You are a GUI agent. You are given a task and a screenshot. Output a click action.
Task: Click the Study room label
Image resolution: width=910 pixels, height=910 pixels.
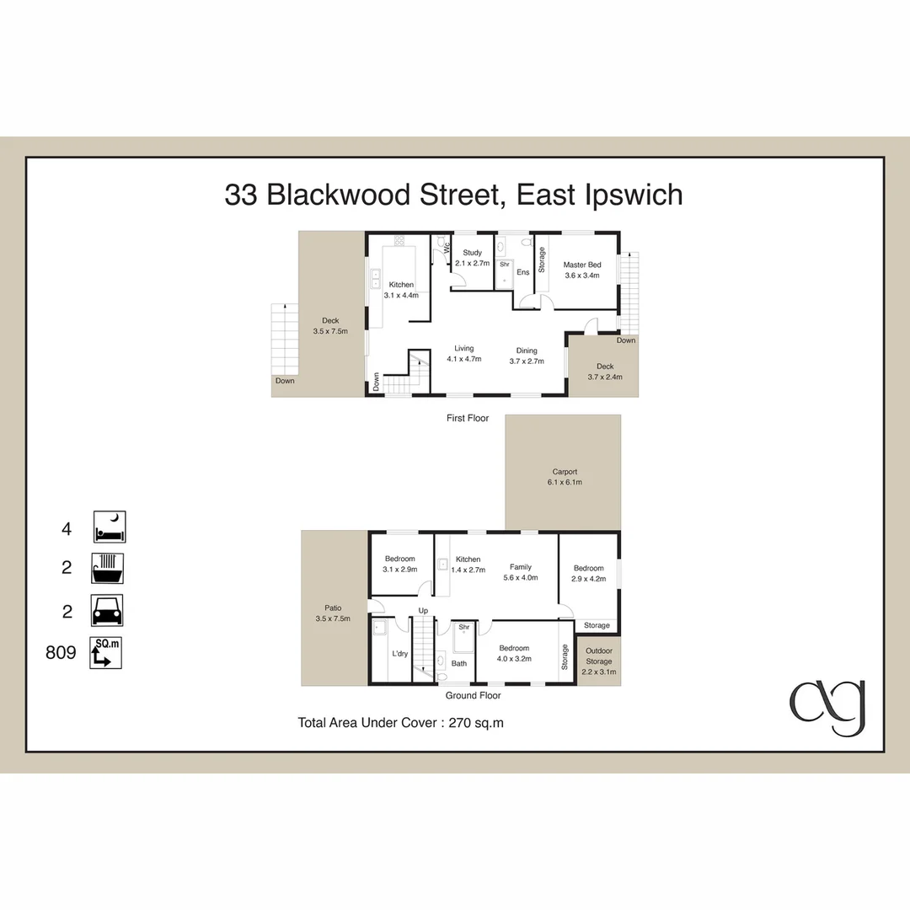[472, 253]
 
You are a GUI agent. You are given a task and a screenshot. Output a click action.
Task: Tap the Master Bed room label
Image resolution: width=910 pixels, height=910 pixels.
[581, 265]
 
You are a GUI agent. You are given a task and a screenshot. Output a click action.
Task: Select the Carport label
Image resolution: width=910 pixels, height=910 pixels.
[565, 472]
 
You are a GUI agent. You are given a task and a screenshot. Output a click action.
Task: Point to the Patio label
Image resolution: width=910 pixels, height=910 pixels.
[333, 607]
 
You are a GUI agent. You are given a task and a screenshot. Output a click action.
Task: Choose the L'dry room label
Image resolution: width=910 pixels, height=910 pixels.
[399, 653]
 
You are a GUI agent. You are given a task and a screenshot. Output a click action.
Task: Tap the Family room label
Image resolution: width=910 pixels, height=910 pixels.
[520, 567]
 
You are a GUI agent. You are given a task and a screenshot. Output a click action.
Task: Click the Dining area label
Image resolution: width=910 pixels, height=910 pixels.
[527, 351]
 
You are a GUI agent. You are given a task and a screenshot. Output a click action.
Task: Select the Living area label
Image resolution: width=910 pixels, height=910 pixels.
[463, 348]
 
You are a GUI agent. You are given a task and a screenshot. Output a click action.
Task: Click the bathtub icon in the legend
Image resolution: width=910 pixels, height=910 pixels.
[108, 569]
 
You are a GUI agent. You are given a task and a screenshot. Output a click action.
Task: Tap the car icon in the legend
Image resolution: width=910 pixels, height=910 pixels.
[108, 610]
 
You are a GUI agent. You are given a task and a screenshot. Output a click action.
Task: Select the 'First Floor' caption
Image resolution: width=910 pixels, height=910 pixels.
[468, 418]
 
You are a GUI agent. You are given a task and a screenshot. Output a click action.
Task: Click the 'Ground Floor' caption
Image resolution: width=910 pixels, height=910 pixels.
[474, 696]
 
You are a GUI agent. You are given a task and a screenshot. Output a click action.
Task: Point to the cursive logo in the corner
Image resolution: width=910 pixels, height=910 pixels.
[827, 707]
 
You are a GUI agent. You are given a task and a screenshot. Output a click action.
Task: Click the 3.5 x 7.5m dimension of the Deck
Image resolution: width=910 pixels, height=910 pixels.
[330, 331]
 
